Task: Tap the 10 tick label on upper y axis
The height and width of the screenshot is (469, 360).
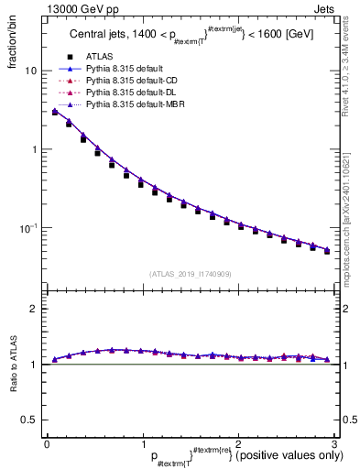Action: pyautogui.click(x=32, y=71)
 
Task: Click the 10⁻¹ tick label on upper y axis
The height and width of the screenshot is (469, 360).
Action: pyautogui.click(x=29, y=227)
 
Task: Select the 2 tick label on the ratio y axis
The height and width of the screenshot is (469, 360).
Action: pyautogui.click(x=35, y=310)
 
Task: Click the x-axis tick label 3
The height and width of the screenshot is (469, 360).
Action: pyautogui.click(x=333, y=443)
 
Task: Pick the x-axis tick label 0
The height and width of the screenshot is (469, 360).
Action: pyautogui.click(x=46, y=443)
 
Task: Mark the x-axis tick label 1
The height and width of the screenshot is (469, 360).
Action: pyautogui.click(x=142, y=443)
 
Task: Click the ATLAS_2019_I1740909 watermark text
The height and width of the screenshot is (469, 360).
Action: pyautogui.click(x=190, y=274)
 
